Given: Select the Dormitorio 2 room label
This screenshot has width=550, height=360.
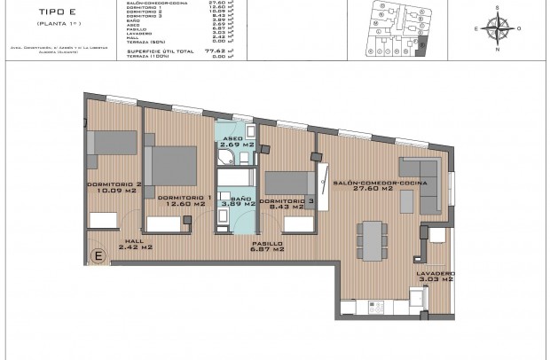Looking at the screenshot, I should [x=114, y=187].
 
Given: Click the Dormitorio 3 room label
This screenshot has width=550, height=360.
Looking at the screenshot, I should [x=287, y=204].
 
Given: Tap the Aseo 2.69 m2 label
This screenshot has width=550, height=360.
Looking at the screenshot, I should [x=233, y=144].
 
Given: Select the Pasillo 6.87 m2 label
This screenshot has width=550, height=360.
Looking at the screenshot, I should [x=267, y=247].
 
